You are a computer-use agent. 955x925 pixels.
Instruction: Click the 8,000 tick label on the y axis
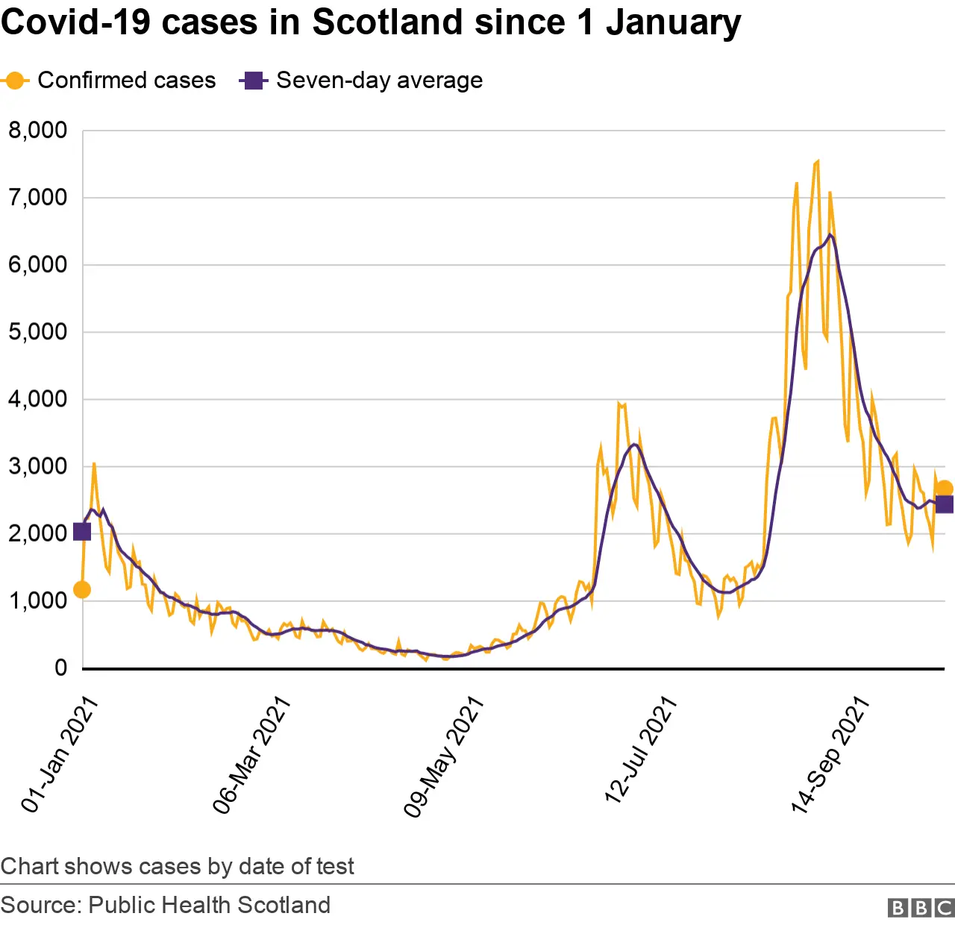click(37, 131)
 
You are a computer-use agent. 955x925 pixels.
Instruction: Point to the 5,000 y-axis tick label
click(37, 332)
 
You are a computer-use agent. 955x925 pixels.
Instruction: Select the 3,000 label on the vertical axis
click(37, 467)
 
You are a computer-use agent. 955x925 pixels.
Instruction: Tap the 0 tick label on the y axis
click(61, 668)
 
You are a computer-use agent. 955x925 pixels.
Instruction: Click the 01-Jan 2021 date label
click(60, 753)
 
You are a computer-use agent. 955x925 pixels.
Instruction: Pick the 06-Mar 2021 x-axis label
click(251, 753)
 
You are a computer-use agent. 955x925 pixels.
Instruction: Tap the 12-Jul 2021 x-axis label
click(641, 750)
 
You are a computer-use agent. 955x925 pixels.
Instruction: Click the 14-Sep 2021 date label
click(830, 753)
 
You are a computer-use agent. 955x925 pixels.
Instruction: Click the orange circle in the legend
click(14, 81)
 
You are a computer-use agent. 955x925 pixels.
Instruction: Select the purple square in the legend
click(254, 81)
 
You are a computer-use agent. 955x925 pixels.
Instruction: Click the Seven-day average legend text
click(379, 81)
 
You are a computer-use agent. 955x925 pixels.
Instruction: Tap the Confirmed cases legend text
click(126, 81)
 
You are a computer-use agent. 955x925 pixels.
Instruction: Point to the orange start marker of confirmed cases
click(82, 590)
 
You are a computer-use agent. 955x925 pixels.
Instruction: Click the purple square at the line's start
click(82, 532)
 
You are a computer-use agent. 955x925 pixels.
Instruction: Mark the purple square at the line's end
click(945, 504)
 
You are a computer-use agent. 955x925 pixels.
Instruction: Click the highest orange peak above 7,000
click(818, 161)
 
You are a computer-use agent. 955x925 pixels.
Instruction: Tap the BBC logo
click(921, 907)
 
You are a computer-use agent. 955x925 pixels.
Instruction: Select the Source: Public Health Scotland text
click(166, 905)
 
